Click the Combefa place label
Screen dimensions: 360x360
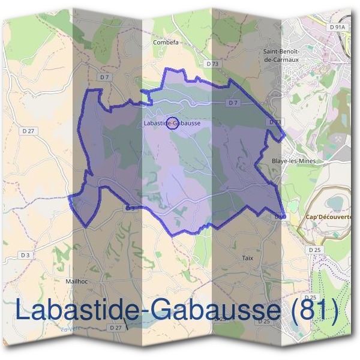click(x=166, y=43)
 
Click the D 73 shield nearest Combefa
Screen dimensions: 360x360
click(x=212, y=64)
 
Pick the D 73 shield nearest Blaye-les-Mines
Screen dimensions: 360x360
click(x=275, y=122)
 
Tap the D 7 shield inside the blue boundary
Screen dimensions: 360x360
click(x=233, y=103)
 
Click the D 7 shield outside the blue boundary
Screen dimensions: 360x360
click(x=105, y=77)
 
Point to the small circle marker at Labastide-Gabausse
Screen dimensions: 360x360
click(x=171, y=123)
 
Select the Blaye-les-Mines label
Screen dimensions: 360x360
click(x=293, y=161)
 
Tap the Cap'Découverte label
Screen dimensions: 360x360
click(x=329, y=217)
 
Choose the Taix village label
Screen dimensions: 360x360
click(x=248, y=258)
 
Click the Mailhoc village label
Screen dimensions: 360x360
click(x=77, y=280)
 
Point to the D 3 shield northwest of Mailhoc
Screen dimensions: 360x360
click(x=25, y=255)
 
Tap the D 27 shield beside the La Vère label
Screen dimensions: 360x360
click(x=115, y=328)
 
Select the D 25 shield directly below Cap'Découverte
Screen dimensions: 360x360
click(x=314, y=249)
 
